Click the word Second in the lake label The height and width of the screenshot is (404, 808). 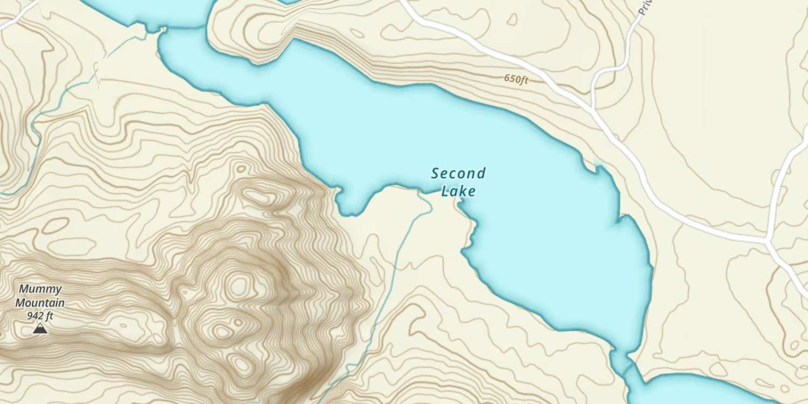tap(458, 173)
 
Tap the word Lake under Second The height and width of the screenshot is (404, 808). tap(458, 191)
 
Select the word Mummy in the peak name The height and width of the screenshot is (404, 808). tap(40, 289)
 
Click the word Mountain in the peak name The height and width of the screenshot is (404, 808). tap(40, 303)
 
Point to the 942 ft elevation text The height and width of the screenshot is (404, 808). tap(40, 316)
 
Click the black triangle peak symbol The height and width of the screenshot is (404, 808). tap(40, 328)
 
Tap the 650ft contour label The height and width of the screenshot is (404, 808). tap(516, 79)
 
